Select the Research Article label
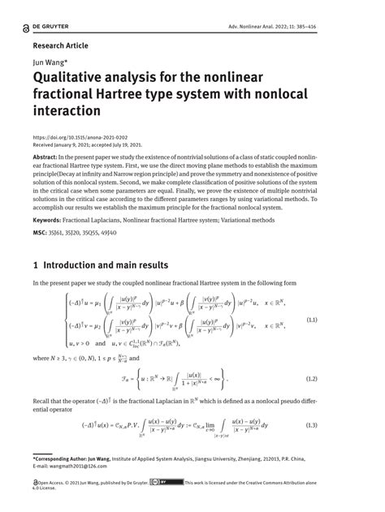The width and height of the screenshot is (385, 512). (x=59, y=45)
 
